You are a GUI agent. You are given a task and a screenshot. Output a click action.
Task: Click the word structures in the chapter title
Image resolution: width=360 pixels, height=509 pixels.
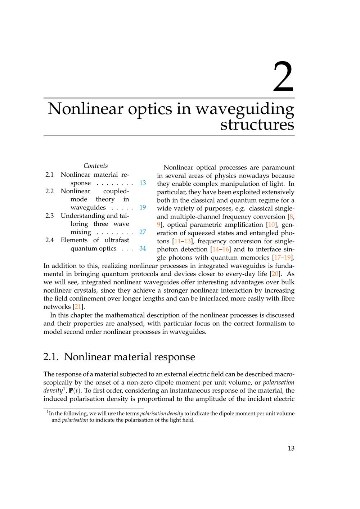257,125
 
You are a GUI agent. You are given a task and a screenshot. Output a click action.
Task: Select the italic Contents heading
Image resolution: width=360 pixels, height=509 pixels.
96,166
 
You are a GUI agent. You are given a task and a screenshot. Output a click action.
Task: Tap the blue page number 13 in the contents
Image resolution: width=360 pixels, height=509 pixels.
143,183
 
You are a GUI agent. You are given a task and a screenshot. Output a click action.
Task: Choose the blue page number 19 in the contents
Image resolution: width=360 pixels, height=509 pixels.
143,207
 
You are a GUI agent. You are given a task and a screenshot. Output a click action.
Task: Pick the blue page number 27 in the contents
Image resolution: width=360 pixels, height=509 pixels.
143,232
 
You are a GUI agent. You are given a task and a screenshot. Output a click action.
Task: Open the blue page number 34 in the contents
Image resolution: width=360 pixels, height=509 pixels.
143,248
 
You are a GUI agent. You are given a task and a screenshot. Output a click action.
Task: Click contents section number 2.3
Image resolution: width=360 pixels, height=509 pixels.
50,216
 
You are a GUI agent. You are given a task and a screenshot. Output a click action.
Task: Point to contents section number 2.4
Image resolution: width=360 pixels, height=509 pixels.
50,240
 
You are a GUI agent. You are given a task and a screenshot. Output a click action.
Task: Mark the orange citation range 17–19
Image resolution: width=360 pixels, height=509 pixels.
282,258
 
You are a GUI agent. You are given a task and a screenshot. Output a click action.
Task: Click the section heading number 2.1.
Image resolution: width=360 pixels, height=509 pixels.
50,357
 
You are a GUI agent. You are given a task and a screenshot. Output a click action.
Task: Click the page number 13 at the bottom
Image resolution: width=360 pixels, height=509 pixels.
291,448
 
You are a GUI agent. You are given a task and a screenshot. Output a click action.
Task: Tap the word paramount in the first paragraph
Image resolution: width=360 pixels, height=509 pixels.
278,167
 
